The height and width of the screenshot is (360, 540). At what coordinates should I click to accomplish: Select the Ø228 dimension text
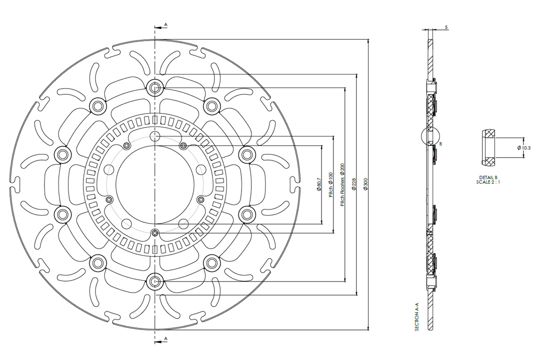(x=354, y=185)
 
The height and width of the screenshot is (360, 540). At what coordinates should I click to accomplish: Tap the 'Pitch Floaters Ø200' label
(x=342, y=184)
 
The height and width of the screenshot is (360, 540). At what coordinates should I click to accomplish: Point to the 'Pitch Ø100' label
(x=330, y=184)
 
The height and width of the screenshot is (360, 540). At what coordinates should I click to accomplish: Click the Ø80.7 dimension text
(x=319, y=184)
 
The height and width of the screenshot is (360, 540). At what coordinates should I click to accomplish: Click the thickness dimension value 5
(x=445, y=28)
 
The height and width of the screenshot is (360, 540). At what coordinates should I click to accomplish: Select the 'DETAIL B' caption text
(x=488, y=177)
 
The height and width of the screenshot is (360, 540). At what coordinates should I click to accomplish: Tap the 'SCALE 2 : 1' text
(x=488, y=182)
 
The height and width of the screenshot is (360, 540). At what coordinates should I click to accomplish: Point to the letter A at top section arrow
(x=166, y=24)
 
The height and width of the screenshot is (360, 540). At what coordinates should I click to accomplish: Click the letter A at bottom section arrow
(x=166, y=338)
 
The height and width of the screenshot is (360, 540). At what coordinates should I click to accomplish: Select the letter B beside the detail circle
(x=440, y=144)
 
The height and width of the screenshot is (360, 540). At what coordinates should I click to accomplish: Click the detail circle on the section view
(x=430, y=135)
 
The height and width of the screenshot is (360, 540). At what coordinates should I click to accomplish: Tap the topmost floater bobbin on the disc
(x=155, y=87)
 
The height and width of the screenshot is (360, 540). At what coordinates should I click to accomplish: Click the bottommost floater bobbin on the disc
(x=155, y=282)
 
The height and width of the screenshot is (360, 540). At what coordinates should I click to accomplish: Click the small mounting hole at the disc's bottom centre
(x=155, y=232)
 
